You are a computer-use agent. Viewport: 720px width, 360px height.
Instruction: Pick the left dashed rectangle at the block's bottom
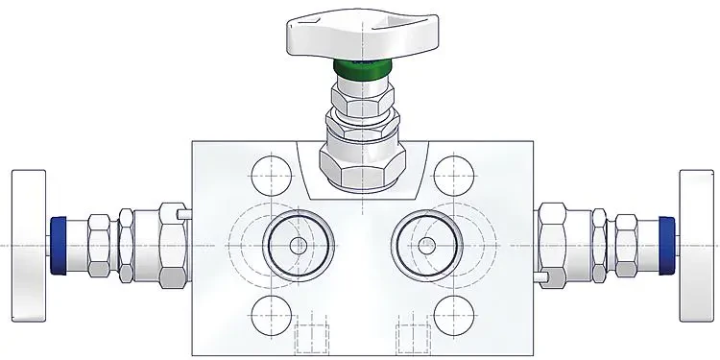(x=311, y=339)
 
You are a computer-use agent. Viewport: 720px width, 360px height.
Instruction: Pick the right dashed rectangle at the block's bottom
(x=414, y=339)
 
